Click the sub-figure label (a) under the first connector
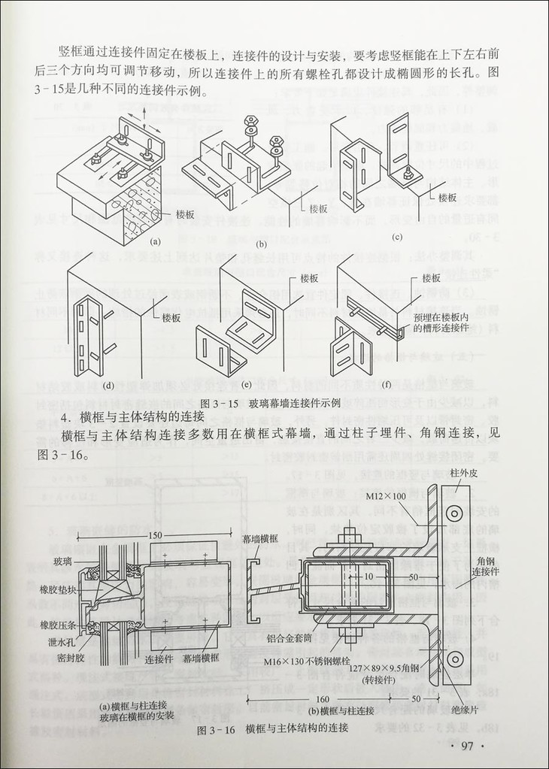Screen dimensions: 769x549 pos(157,241)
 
